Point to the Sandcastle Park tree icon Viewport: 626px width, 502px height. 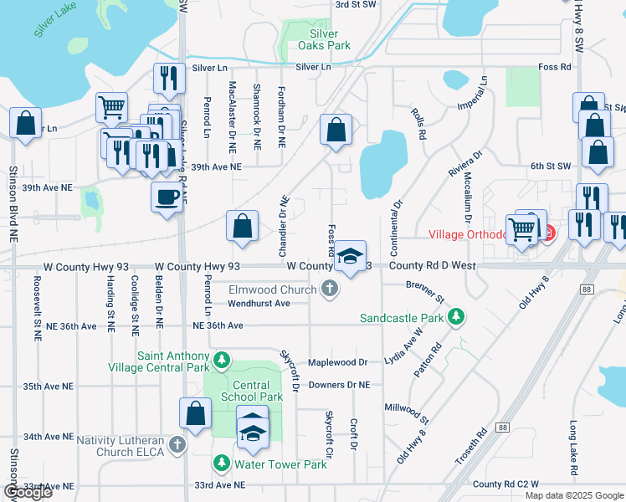pos(456,317)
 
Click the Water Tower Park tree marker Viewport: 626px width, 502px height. pos(222,464)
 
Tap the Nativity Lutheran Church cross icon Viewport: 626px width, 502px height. pos(177,445)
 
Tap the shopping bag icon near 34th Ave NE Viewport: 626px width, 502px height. pos(195,413)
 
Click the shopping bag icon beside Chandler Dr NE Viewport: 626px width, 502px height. pos(242,226)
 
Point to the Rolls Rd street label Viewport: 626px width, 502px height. pos(418,122)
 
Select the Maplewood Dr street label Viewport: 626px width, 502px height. pos(338,362)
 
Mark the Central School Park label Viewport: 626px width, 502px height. pos(247,392)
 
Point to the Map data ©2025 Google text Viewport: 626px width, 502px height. pos(573,495)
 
